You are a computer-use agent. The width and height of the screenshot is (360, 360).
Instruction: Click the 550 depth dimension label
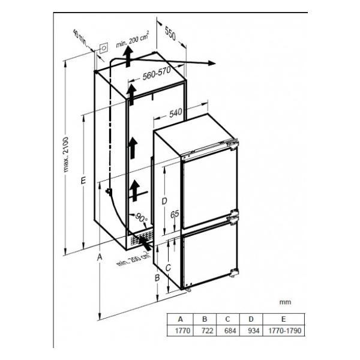coord(170,34)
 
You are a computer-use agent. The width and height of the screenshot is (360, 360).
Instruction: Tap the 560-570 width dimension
coord(157,73)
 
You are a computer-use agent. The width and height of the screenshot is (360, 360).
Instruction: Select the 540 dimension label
coord(176,113)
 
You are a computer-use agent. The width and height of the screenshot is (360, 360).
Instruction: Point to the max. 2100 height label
coord(66,155)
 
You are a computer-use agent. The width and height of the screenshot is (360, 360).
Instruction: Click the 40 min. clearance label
coord(80,37)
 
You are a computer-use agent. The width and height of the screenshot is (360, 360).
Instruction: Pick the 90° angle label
coord(141,217)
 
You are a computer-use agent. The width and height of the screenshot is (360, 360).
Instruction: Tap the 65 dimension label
coord(175,214)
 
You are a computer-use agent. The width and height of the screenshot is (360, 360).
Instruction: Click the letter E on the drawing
coord(83,180)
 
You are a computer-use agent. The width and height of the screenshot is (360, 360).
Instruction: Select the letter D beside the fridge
coord(164,201)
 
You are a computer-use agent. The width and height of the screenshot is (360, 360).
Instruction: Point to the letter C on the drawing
coord(168,268)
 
